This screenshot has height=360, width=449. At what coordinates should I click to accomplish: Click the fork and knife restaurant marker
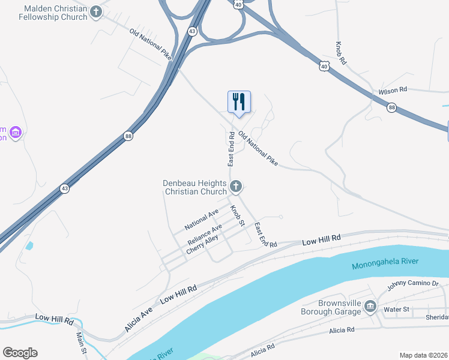point(239,101)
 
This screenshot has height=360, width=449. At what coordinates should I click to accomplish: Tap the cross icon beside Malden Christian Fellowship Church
point(96,12)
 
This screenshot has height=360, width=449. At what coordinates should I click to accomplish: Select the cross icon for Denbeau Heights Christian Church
point(236,187)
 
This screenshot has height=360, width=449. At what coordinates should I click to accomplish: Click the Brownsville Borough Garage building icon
point(370,307)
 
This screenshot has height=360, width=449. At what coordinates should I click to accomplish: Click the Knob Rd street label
point(342,53)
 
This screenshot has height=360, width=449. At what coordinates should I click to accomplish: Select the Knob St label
point(238,215)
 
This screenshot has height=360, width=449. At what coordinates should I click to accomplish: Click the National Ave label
point(202,220)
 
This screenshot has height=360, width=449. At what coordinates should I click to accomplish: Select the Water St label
point(396,310)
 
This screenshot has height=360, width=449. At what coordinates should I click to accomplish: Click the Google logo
point(20,353)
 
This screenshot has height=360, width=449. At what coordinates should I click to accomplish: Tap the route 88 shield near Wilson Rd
point(391,107)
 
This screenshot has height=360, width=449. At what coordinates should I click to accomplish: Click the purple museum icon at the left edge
point(16,132)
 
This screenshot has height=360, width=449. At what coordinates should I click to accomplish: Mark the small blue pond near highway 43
point(29,245)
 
